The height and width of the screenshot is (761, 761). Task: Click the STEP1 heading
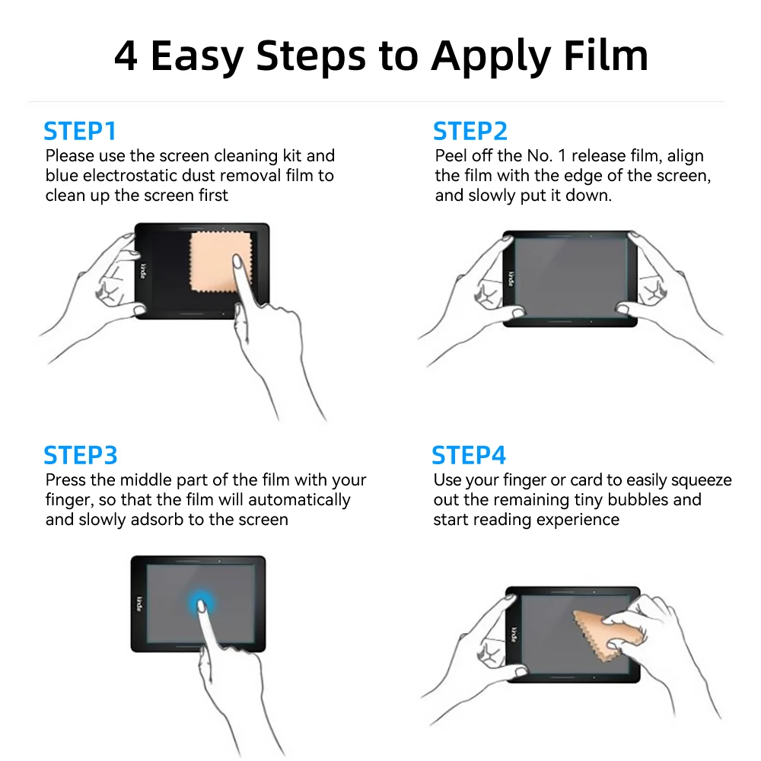pyautogui.click(x=80, y=131)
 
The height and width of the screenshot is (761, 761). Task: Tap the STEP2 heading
pyautogui.click(x=470, y=131)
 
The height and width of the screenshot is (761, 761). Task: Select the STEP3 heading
pyautogui.click(x=81, y=455)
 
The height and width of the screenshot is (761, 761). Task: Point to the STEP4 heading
pyautogui.click(x=469, y=455)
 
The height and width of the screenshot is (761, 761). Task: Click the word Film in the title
pyautogui.click(x=606, y=56)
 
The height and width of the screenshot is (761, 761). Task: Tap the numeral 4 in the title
pyautogui.click(x=126, y=56)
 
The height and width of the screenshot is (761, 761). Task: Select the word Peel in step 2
pyautogui.click(x=451, y=156)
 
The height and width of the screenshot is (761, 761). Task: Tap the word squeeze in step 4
pyautogui.click(x=702, y=480)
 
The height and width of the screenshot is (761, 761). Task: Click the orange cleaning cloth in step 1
pyautogui.click(x=219, y=262)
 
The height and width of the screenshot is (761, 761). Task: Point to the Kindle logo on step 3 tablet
pyautogui.click(x=139, y=604)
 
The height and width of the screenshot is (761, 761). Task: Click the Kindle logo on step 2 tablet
pyautogui.click(x=511, y=279)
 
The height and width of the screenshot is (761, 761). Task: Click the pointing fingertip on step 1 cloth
pyautogui.click(x=237, y=261)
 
